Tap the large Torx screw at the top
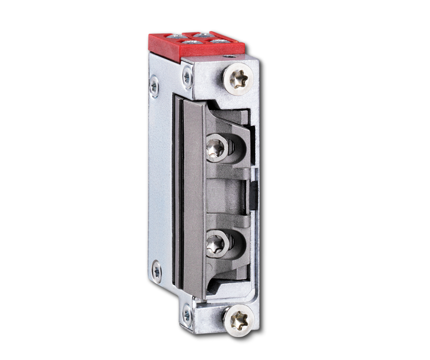click(238, 79)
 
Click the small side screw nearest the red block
click(154, 86)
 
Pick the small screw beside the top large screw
click(187, 77)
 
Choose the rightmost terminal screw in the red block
click(220, 41)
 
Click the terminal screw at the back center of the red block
click(201, 34)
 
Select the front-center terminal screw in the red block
click(191, 42)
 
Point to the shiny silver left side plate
click(160, 181)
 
